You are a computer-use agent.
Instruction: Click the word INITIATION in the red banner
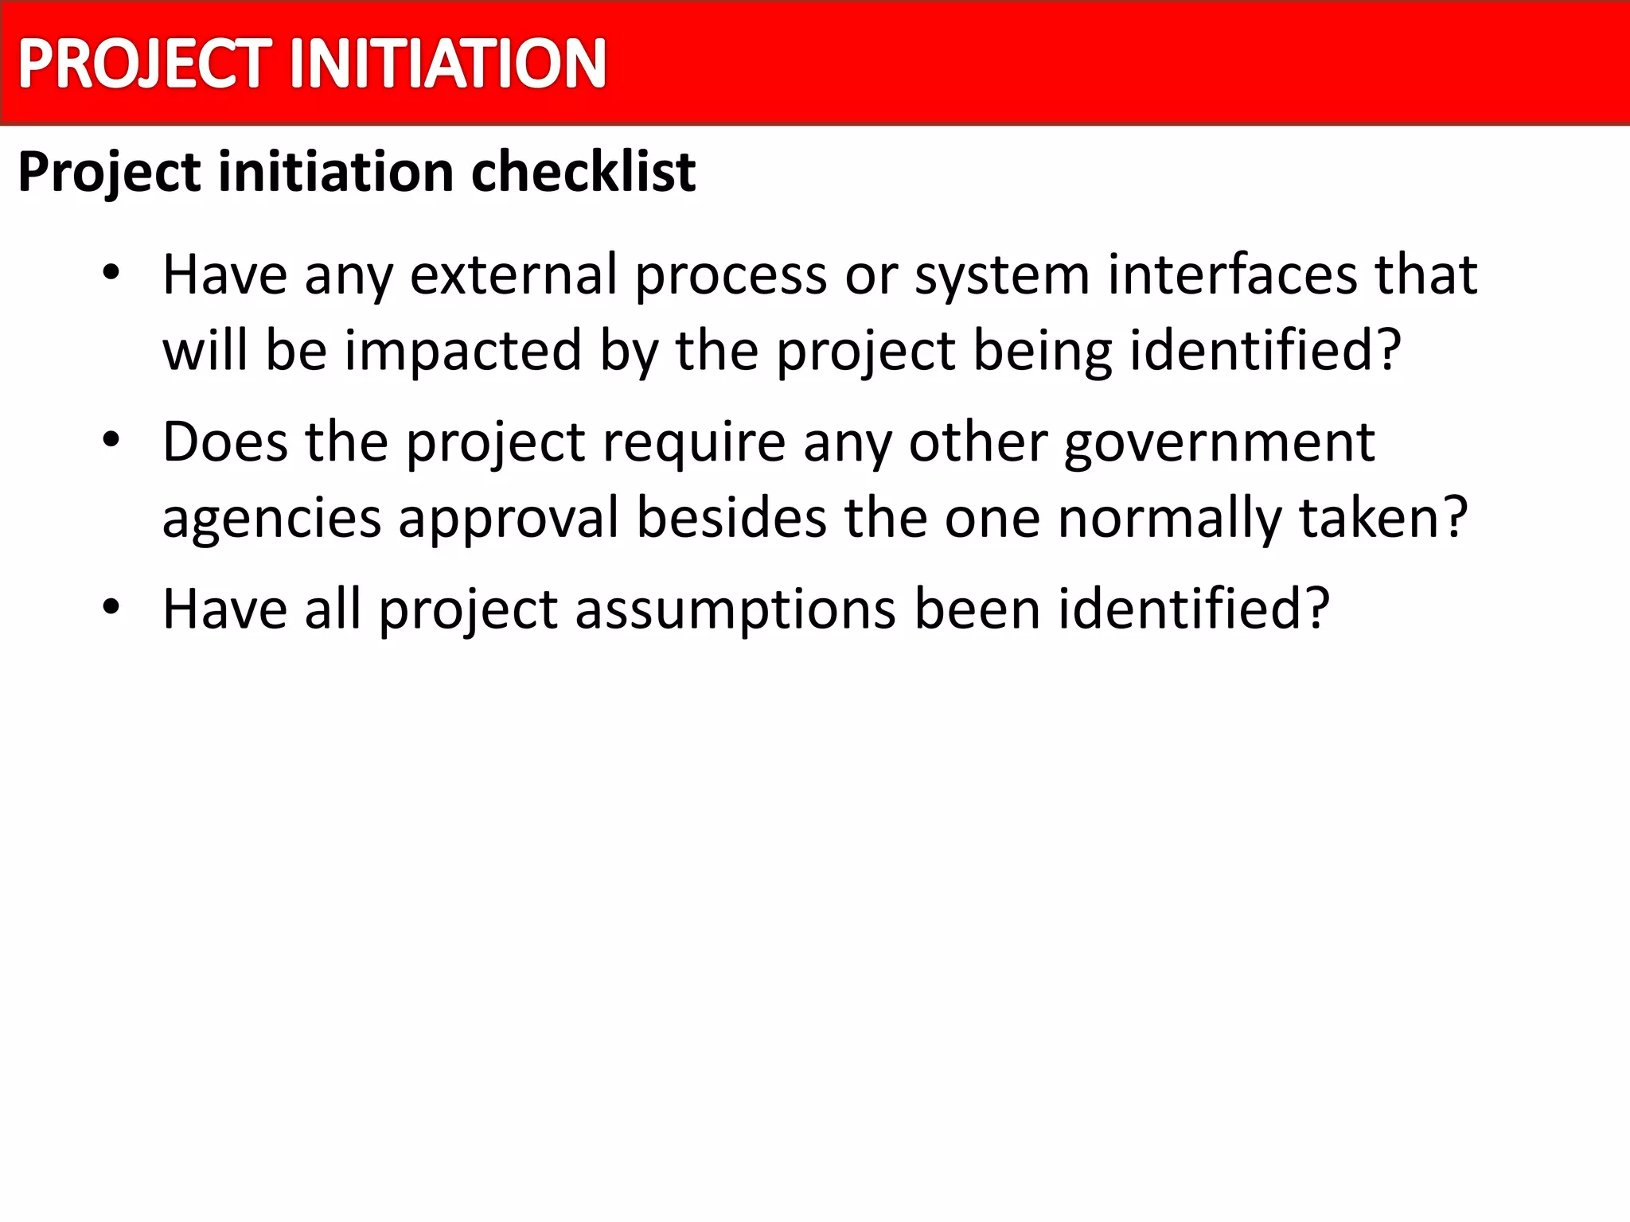pos(448,64)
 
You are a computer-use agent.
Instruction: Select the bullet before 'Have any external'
pos(111,273)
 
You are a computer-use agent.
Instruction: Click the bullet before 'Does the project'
pos(111,440)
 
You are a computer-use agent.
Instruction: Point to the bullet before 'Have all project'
pos(111,607)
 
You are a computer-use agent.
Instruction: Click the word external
pos(513,274)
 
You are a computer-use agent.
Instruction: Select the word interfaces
pos(1232,274)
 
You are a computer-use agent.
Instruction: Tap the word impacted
pos(463,351)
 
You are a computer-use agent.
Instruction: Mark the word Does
pos(225,442)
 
